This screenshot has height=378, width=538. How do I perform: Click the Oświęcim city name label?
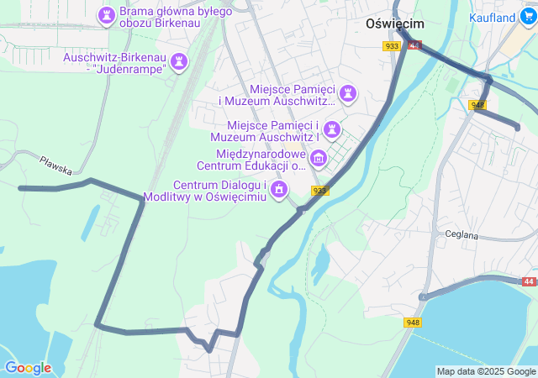[x=395, y=24]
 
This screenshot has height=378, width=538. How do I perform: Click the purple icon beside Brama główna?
[x=107, y=14]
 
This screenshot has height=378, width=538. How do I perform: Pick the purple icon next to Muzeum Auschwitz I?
[x=335, y=129]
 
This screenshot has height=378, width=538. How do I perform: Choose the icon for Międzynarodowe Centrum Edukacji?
[x=319, y=158]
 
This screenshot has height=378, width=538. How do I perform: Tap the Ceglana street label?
[x=462, y=235]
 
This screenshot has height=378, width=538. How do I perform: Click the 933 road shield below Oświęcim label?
[x=392, y=46]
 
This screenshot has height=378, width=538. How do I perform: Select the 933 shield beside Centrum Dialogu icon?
[x=319, y=191]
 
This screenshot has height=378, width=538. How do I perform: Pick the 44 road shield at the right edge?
[x=528, y=282]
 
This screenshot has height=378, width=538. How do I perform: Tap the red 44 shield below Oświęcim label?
[x=414, y=45]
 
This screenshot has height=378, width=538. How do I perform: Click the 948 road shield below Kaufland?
[x=478, y=104]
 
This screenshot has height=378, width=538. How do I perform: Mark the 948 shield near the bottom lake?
[x=413, y=323]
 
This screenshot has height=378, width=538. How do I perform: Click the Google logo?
[x=28, y=368]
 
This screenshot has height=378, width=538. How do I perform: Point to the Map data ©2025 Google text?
[x=486, y=371]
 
